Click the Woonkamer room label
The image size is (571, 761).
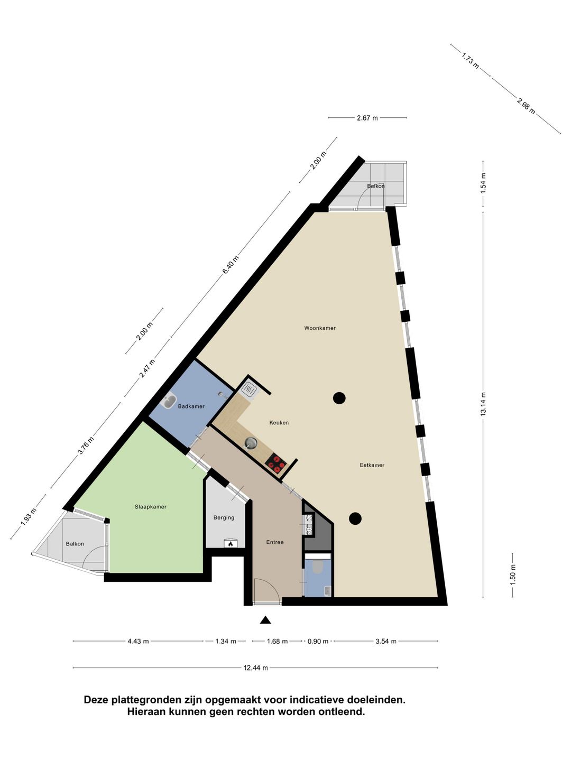[x=320, y=328]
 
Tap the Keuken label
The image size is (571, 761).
[x=279, y=423]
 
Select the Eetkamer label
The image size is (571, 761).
[x=372, y=465]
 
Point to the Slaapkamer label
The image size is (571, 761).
[x=151, y=506]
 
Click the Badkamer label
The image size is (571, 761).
[x=191, y=406]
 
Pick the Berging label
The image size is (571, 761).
[x=224, y=517]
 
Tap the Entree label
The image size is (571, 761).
[x=275, y=542]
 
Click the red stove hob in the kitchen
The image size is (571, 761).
[x=276, y=464]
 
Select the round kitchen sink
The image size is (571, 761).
[x=251, y=443]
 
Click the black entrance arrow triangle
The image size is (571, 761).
[x=265, y=619]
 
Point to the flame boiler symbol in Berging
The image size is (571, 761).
[x=230, y=544]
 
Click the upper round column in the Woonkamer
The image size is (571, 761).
[x=339, y=398]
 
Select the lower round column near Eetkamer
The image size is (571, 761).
[x=355, y=518]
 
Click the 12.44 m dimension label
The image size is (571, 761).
[x=255, y=667]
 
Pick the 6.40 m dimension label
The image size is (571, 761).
[x=231, y=265]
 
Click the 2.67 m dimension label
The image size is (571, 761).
[x=367, y=118]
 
